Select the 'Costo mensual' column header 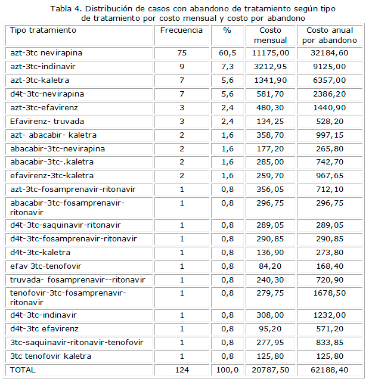(270, 35)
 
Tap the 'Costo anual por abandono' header (330, 35)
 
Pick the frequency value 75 (182, 53)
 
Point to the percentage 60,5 (227, 53)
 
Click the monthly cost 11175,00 (270, 53)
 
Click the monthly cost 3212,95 (270, 66)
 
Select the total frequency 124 (182, 370)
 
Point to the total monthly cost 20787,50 (270, 370)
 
